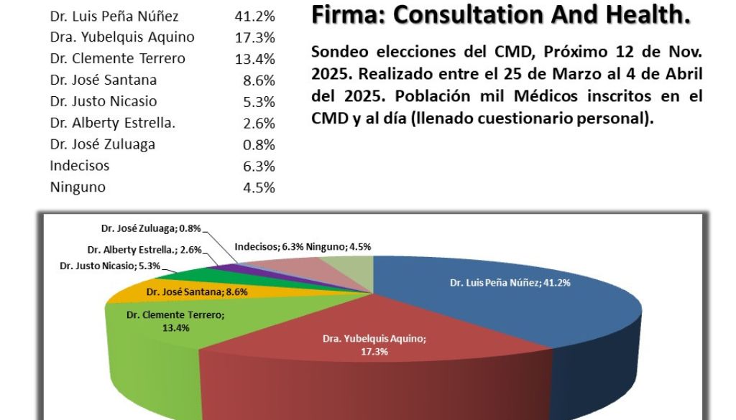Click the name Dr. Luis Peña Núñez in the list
point(114,15)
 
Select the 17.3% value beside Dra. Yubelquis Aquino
point(255,37)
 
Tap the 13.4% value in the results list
point(255,58)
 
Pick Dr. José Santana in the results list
point(103,80)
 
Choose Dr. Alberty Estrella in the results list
point(113,123)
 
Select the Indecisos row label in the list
point(80,166)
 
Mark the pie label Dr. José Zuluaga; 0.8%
point(151,229)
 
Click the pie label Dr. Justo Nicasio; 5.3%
point(106,266)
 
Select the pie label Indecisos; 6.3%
point(269,246)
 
